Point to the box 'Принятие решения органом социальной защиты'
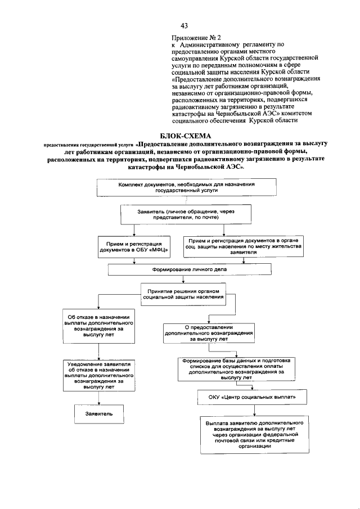(x=183, y=294)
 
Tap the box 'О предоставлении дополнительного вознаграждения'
(x=209, y=334)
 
